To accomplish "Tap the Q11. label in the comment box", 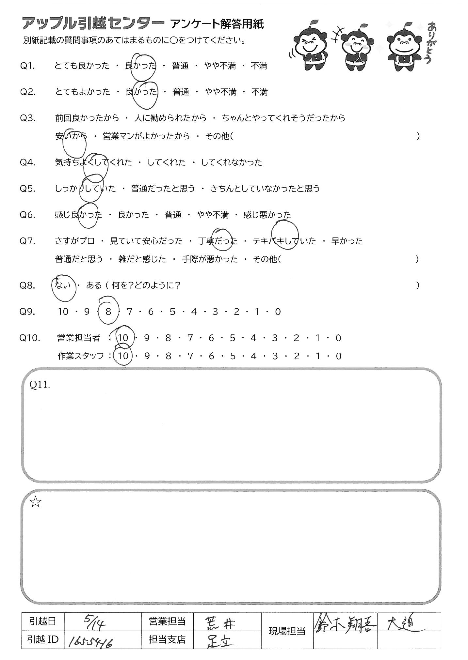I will point(40,385).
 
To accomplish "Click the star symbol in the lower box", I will point(36,503).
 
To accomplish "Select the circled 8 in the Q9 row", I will point(108,312).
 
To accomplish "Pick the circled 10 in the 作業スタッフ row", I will point(123,356).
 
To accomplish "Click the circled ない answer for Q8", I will point(63,285).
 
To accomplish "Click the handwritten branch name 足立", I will point(222,640).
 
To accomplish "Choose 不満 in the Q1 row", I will point(259,66).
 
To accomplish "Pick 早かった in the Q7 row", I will point(347,241).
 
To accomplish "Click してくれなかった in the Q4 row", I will point(232,162).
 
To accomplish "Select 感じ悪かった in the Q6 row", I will point(267,215).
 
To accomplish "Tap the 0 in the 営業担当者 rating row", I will point(338,338).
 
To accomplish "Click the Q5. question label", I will point(28,189).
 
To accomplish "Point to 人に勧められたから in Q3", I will point(170,118).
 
